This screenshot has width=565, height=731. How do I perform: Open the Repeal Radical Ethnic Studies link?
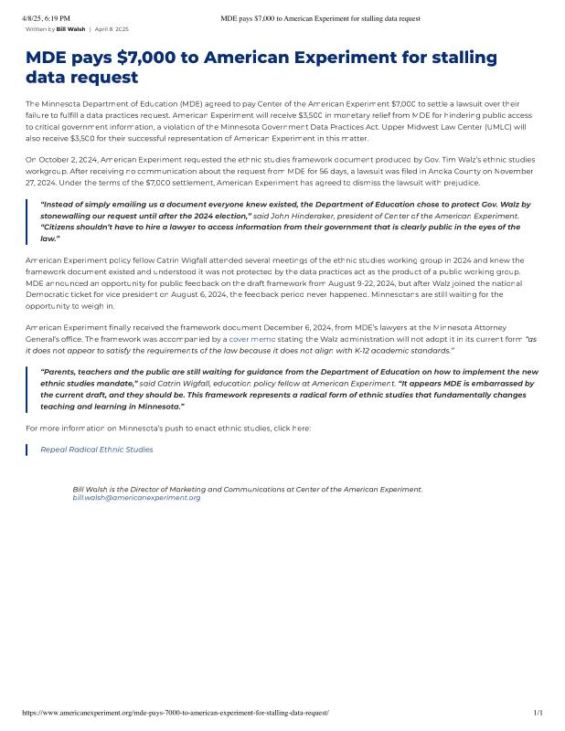point(97,450)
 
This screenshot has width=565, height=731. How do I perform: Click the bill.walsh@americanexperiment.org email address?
point(136,498)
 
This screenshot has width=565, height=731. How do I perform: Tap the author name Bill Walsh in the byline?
point(70,29)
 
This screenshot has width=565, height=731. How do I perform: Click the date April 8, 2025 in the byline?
point(112,29)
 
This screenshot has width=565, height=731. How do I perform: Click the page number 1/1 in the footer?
point(538,712)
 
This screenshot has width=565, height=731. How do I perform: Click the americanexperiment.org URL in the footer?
point(175,712)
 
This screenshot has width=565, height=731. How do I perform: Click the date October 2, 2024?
point(62,159)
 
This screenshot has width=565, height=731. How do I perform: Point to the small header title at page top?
point(320,18)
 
